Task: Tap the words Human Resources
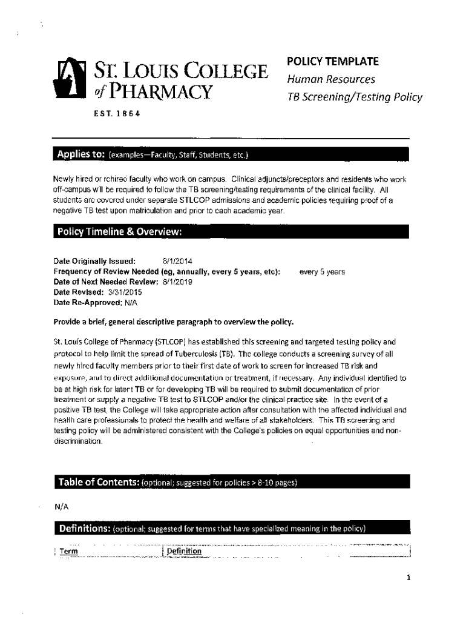point(331,79)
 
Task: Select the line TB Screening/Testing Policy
point(354,97)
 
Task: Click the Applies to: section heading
point(81,154)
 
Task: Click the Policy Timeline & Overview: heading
point(119,232)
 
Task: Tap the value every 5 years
point(322,272)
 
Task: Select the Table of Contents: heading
point(98,482)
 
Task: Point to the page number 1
point(409,577)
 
